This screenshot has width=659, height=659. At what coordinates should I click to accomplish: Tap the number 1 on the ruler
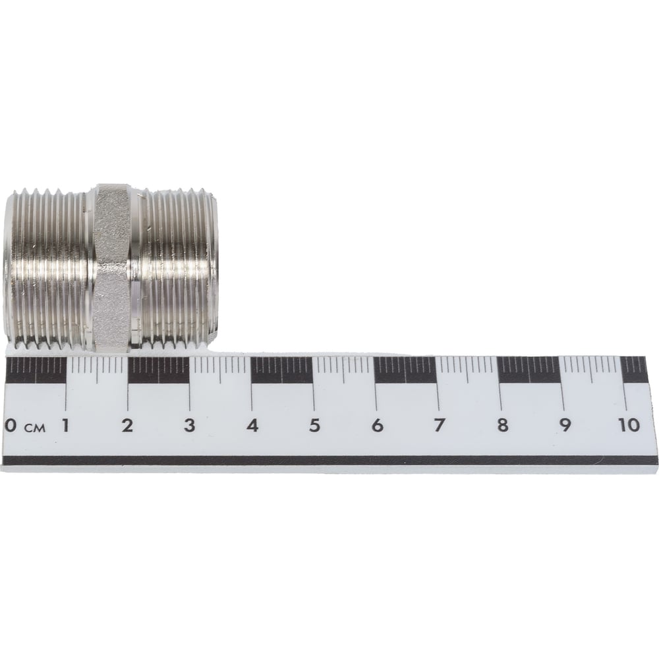pyautogui.click(x=65, y=425)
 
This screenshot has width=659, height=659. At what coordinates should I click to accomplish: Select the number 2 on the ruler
pyautogui.click(x=127, y=425)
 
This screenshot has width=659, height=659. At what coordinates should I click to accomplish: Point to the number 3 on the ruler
pyautogui.click(x=190, y=425)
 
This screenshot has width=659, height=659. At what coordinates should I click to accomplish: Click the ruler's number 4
pyautogui.click(x=252, y=425)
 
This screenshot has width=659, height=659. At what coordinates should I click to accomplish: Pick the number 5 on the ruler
pyautogui.click(x=314, y=425)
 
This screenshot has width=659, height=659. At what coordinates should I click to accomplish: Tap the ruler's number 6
pyautogui.click(x=377, y=425)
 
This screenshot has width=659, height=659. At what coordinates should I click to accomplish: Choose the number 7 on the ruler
pyautogui.click(x=439, y=425)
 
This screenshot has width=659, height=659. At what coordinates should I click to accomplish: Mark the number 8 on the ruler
pyautogui.click(x=502, y=425)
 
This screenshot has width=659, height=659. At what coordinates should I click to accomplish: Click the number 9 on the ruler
pyautogui.click(x=565, y=425)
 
